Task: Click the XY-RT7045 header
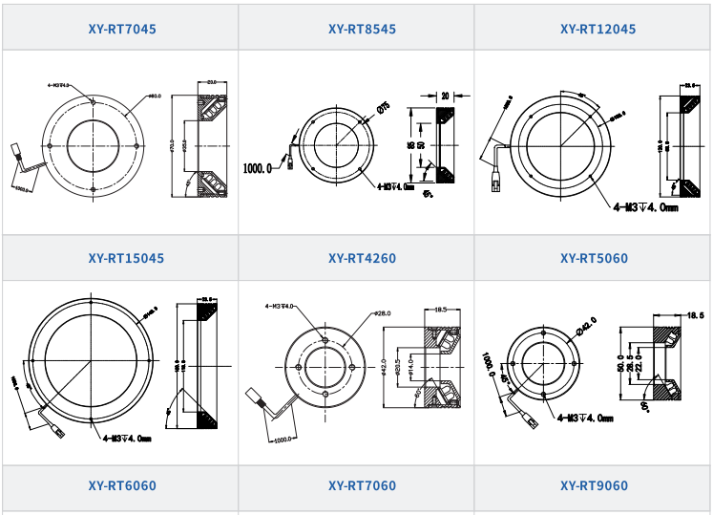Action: pyautogui.click(x=121, y=29)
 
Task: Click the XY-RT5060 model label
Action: pyautogui.click(x=594, y=258)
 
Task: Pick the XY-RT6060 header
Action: pyautogui.click(x=121, y=486)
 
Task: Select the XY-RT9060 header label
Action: pyautogui.click(x=594, y=486)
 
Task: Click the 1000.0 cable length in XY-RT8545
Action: pyautogui.click(x=258, y=168)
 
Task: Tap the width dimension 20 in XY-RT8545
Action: pyautogui.click(x=446, y=96)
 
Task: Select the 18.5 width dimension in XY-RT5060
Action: pyautogui.click(x=695, y=314)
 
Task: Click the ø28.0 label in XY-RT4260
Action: pyautogui.click(x=382, y=313)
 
